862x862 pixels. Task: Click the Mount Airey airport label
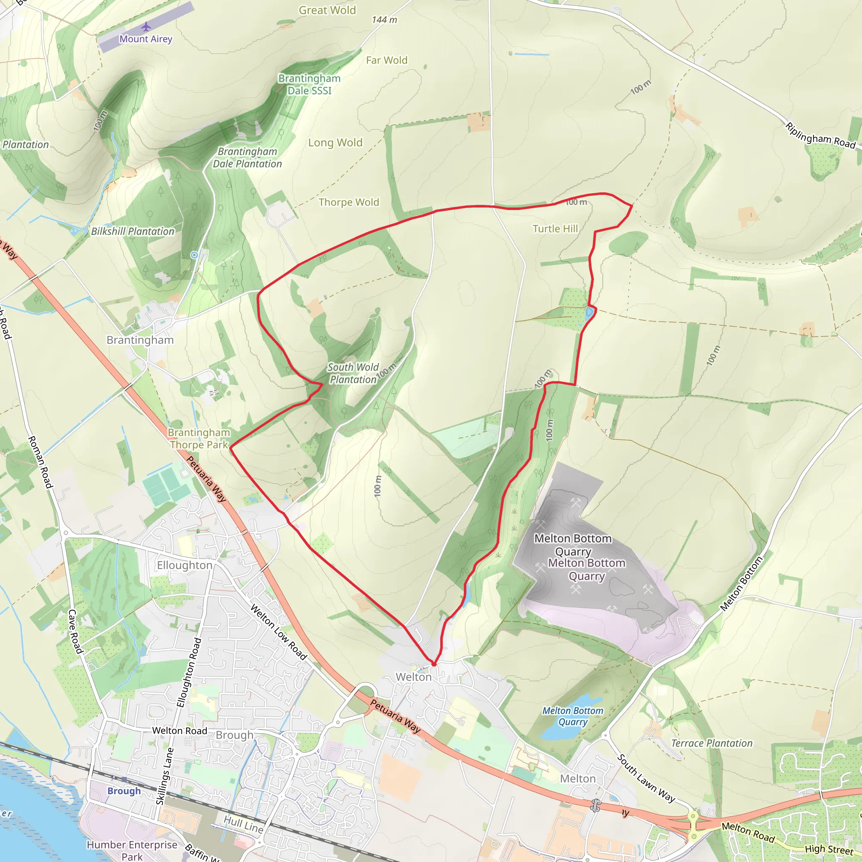tap(146, 39)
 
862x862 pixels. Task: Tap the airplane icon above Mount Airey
tap(146, 27)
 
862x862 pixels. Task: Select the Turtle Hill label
tap(555, 229)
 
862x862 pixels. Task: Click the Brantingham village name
tap(140, 340)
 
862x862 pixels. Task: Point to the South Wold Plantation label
tap(353, 373)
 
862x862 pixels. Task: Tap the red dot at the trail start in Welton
tap(434, 664)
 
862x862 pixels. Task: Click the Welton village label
tap(414, 677)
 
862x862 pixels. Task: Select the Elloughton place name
tap(184, 565)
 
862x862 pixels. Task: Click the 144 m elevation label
tap(384, 20)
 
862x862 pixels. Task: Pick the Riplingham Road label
tap(820, 136)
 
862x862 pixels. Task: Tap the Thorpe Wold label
tap(349, 202)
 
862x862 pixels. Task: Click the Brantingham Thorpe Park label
tap(199, 439)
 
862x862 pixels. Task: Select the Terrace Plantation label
tap(712, 743)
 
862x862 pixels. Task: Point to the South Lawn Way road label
tap(646, 779)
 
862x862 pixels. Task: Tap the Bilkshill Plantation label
tap(133, 231)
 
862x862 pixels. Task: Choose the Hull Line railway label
tap(243, 824)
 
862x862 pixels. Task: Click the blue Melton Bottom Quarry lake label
tap(572, 716)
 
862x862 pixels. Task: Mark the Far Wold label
tap(386, 60)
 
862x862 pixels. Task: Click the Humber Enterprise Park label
tap(132, 850)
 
